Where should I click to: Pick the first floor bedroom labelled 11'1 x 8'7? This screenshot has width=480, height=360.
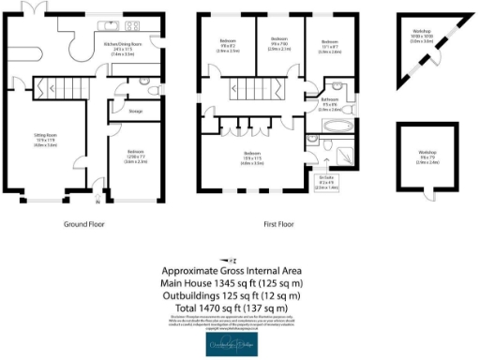pos(329,45)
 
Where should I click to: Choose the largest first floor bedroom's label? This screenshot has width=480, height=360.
pos(251,156)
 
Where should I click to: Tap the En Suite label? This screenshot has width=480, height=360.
pos(326,180)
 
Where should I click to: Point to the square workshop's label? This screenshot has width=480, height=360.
pos(427,156)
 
